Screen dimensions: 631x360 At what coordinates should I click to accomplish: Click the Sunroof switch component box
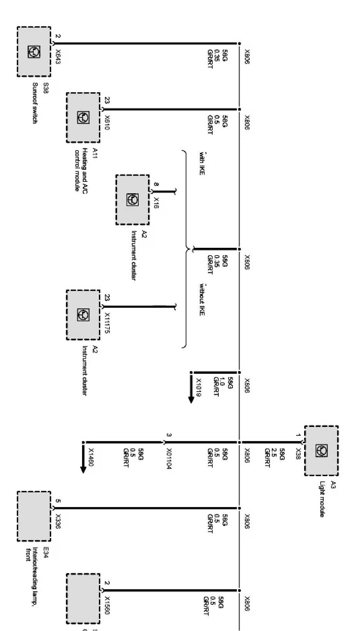tap(34, 52)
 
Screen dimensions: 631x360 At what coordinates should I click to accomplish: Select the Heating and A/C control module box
tap(83, 117)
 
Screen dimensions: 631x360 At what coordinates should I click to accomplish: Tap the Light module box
tap(321, 450)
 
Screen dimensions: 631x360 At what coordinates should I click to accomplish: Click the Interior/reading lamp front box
tap(34, 516)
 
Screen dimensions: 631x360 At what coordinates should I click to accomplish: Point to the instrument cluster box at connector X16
tap(132, 200)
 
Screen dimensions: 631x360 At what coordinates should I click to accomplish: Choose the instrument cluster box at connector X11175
tap(83, 315)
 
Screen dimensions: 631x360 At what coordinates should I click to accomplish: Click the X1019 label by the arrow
tap(199, 387)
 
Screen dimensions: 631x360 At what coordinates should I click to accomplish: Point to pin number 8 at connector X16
tap(156, 185)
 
